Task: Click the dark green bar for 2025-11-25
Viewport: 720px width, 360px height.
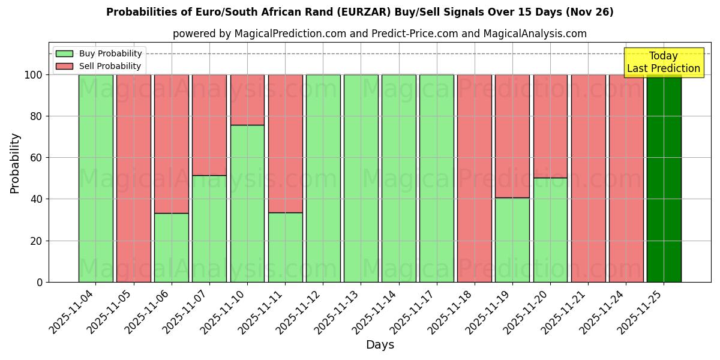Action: pyautogui.click(x=664, y=178)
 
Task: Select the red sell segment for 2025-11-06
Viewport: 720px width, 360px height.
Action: pyautogui.click(x=172, y=144)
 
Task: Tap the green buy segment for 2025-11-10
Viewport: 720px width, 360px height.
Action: pyautogui.click(x=247, y=203)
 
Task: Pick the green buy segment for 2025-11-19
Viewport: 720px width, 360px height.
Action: pyautogui.click(x=512, y=240)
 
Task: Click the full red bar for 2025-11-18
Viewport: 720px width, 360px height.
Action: pyautogui.click(x=475, y=178)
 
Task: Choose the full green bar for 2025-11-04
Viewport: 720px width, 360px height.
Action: pyautogui.click(x=96, y=178)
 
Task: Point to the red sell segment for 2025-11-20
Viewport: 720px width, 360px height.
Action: pyautogui.click(x=550, y=126)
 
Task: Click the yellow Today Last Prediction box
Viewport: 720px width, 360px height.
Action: pyautogui.click(x=664, y=62)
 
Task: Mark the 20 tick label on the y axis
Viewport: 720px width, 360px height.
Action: pyautogui.click(x=37, y=241)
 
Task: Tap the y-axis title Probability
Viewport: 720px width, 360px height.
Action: pyautogui.click(x=15, y=163)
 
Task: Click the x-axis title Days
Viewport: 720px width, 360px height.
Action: pyautogui.click(x=380, y=345)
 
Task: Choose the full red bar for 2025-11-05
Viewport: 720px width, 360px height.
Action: pyautogui.click(x=134, y=178)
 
